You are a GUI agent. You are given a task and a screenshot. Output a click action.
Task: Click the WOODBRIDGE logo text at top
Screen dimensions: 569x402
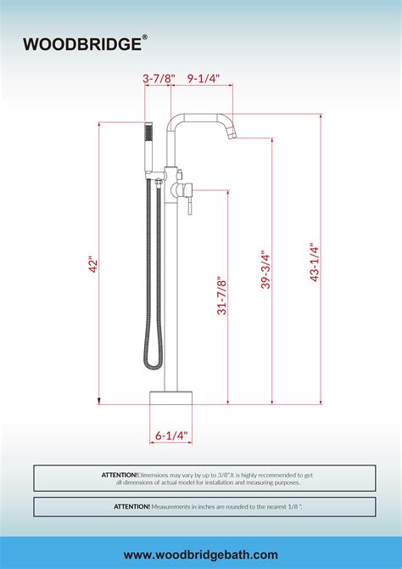pyautogui.click(x=81, y=43)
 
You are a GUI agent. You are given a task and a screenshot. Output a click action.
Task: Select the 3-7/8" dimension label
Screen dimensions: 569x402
pyautogui.click(x=159, y=78)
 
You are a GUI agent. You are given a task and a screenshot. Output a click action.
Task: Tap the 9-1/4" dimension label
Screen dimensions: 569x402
pyautogui.click(x=204, y=78)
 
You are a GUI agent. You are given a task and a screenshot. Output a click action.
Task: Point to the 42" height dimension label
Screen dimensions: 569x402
pyautogui.click(x=93, y=264)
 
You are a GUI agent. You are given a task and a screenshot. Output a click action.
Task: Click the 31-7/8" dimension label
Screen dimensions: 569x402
pyautogui.click(x=222, y=296)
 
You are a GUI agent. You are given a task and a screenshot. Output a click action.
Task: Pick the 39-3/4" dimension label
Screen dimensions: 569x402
pyautogui.click(x=265, y=270)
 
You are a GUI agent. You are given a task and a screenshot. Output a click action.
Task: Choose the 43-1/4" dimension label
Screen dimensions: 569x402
pyautogui.click(x=314, y=262)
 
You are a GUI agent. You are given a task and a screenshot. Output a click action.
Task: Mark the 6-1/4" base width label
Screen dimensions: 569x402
pyautogui.click(x=171, y=436)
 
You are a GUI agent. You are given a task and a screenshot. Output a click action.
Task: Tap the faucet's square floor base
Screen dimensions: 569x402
pyautogui.click(x=171, y=404)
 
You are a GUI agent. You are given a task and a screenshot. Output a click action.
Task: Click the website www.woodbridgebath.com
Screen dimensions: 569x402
pyautogui.click(x=201, y=555)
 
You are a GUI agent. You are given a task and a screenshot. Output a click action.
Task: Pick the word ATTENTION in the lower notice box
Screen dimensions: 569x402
pyautogui.click(x=131, y=506)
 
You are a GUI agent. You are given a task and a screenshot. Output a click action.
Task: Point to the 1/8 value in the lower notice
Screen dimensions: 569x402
pyautogui.click(x=293, y=506)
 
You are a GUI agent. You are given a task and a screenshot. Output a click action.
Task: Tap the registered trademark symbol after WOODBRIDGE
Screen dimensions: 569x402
pyautogui.click(x=145, y=37)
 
